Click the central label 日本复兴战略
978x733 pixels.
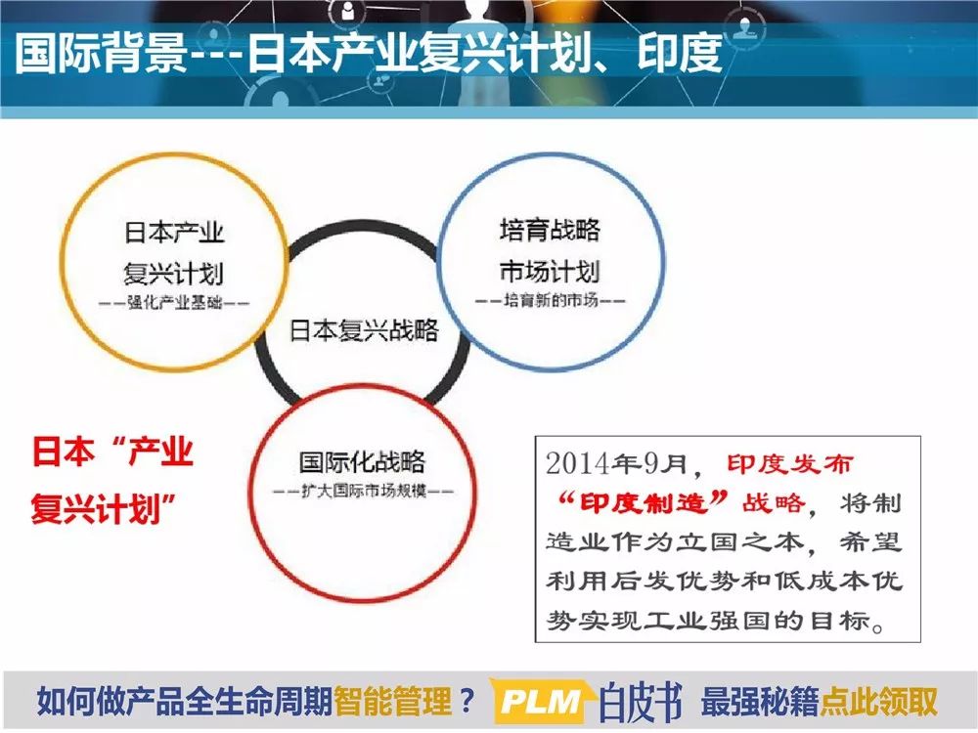[x=364, y=330]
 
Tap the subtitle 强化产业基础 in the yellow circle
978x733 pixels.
[x=175, y=303]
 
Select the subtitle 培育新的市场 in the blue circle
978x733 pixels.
[x=550, y=300]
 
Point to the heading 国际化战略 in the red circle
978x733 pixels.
[x=362, y=462]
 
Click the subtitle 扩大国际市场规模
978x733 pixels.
[x=364, y=492]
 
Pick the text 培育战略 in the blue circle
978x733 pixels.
[x=550, y=230]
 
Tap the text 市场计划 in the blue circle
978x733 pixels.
[x=550, y=271]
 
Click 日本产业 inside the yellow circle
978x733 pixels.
[x=174, y=233]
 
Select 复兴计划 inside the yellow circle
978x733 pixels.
[x=173, y=274]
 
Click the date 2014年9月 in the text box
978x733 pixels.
[x=616, y=463]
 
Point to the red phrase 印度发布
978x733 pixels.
[x=789, y=464]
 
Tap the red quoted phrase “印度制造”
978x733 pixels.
[x=644, y=502]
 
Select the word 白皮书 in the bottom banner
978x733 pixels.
[x=641, y=702]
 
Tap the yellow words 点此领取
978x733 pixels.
[x=878, y=702]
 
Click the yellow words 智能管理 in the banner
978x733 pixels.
[x=392, y=702]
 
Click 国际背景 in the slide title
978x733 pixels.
[x=101, y=53]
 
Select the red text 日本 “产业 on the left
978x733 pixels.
[x=112, y=452]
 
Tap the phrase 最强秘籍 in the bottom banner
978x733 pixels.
[x=759, y=702]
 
